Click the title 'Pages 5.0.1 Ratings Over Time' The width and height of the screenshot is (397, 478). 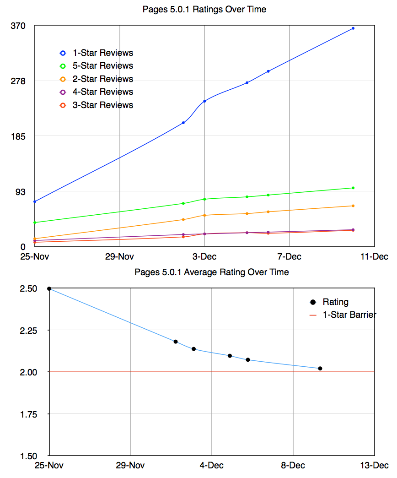pyautogui.click(x=204, y=9)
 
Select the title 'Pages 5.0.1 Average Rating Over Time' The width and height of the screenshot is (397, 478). pyautogui.click(x=212, y=272)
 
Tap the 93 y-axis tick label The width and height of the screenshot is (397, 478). pyautogui.click(x=20, y=191)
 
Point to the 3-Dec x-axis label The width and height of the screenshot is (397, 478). pyautogui.click(x=204, y=256)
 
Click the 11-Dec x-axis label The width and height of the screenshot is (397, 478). pyautogui.click(x=374, y=256)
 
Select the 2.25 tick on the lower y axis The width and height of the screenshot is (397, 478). pyautogui.click(x=30, y=331)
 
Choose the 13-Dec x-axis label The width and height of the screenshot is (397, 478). pyautogui.click(x=374, y=466)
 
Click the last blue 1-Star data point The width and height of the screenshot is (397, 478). pyautogui.click(x=353, y=28)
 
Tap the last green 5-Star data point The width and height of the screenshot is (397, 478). pyautogui.click(x=353, y=188)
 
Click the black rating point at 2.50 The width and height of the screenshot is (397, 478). pyautogui.click(x=49, y=288)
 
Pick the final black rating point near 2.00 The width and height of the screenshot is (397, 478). pyautogui.click(x=320, y=368)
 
